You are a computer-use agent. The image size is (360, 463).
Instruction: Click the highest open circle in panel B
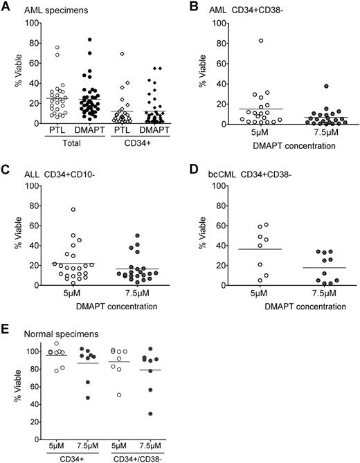pyautogui.click(x=242, y=41)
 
